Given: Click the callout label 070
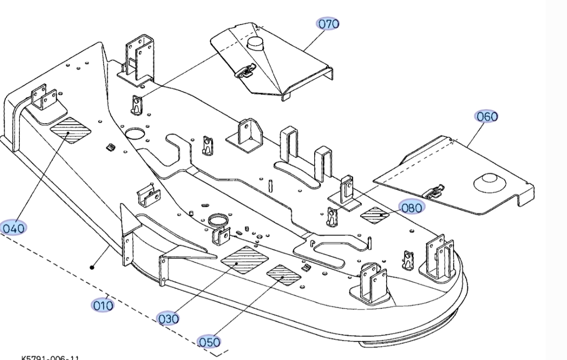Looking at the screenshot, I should click(x=328, y=23).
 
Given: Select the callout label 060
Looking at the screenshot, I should click(x=487, y=116).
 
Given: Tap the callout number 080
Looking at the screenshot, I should click(x=411, y=206).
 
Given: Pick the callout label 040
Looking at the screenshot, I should click(x=13, y=228).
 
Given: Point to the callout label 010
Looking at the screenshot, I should click(x=103, y=305).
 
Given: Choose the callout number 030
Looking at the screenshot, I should click(x=168, y=319).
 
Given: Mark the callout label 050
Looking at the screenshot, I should click(x=209, y=342).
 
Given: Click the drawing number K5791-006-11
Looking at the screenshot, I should click(x=50, y=358).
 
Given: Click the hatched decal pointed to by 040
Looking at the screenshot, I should click(x=70, y=130).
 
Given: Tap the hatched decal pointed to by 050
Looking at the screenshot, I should click(x=283, y=274).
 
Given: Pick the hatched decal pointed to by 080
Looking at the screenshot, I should click(x=375, y=215).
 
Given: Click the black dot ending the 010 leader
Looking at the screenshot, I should click(x=92, y=267).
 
